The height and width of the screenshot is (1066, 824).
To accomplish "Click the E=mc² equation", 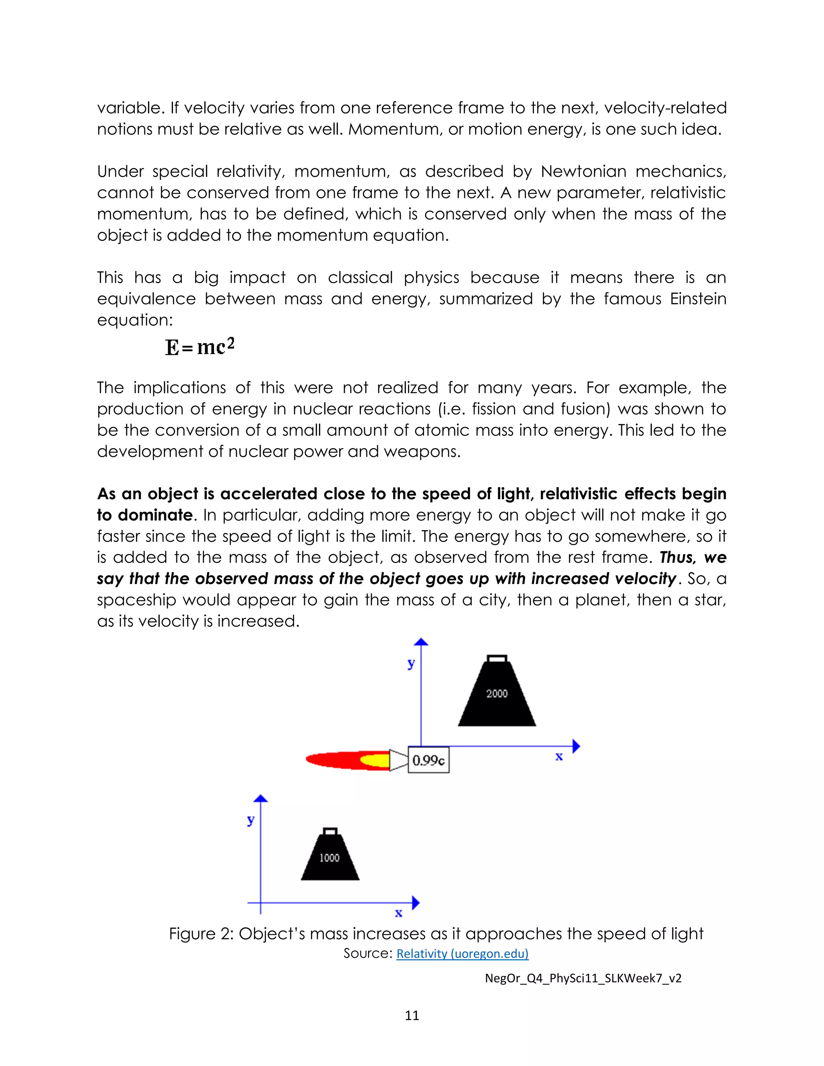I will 200,347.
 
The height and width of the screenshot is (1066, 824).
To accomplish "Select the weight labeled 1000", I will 330,858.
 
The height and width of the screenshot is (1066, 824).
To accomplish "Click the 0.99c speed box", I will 428,760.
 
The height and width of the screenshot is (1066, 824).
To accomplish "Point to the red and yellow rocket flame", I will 348,760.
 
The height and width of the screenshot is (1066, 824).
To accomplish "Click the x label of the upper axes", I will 559,757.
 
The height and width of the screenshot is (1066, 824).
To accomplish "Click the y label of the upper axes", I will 411,663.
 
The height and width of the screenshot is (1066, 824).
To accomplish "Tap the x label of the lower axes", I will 398,913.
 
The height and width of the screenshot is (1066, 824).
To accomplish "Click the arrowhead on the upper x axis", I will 576,746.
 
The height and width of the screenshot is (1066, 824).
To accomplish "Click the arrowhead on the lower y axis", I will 261,798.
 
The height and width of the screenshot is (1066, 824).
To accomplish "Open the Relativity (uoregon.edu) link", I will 462,953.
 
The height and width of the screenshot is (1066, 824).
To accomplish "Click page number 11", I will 412,1015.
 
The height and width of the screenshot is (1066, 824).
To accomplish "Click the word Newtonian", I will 583,171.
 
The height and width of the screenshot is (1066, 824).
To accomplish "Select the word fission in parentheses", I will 492,409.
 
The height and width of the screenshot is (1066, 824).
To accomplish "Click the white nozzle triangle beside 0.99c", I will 398,760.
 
